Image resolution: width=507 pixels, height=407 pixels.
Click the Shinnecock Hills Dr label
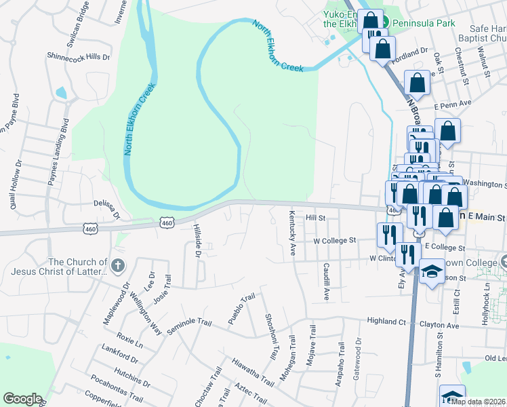tap(78, 57)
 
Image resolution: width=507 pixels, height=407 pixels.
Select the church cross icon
tap(118, 265)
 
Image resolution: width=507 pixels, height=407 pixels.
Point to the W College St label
tap(334, 240)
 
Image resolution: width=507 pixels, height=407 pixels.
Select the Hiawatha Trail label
tap(253, 373)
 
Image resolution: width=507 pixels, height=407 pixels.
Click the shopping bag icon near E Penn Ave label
tap(447, 129)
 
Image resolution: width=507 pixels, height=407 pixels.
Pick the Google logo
tap(22, 399)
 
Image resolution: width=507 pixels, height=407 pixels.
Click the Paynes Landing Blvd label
tap(60, 152)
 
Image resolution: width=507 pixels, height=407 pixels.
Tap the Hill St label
tap(316, 218)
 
